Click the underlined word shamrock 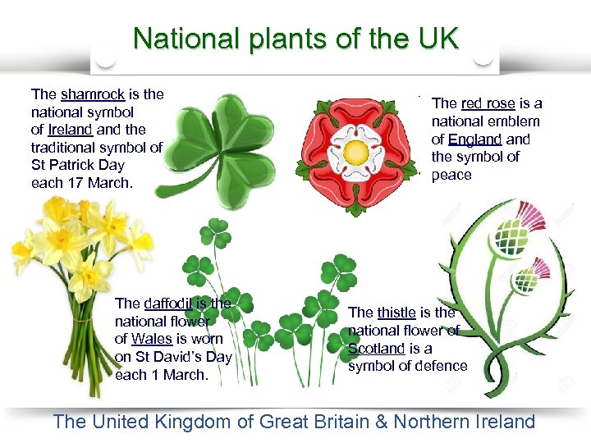tap(92, 94)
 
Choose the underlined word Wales tap(151, 339)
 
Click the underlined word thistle tap(396, 312)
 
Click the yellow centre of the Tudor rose tap(355, 152)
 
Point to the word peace tap(451, 174)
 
